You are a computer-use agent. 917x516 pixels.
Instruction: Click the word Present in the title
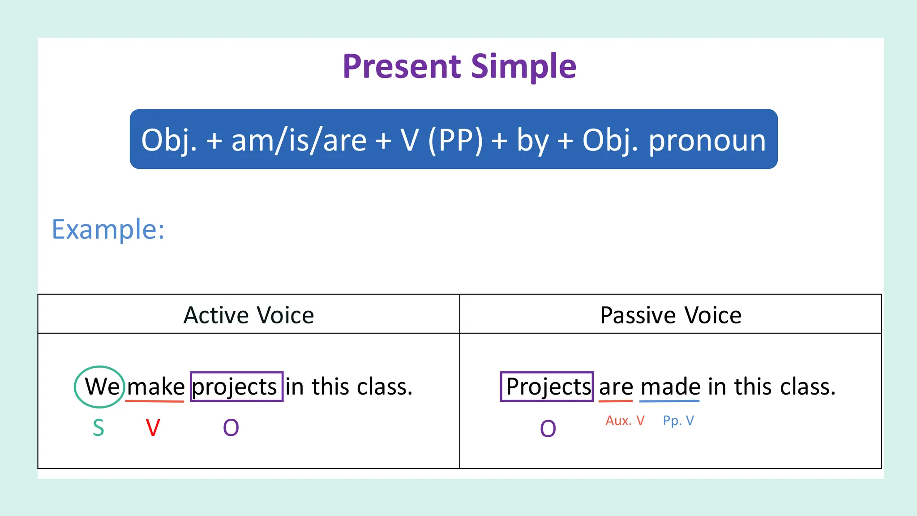coord(401,67)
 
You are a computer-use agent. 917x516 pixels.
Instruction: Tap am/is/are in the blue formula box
coord(299,140)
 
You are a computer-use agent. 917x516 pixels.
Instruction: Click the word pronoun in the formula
coord(707,140)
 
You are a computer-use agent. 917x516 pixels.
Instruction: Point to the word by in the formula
coord(532,140)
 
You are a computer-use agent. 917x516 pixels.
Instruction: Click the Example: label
coord(108,229)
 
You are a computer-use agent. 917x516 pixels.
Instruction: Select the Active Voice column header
coord(249,315)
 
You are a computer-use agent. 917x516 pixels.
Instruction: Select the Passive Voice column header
coord(670,315)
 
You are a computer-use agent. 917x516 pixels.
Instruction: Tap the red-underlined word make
coord(155,387)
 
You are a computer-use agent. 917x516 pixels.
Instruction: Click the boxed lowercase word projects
coord(236,387)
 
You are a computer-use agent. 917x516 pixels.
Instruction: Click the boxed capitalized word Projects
coord(547,386)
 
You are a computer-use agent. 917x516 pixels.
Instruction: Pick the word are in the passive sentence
coord(616,387)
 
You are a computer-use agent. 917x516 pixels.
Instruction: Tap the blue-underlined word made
coord(670,387)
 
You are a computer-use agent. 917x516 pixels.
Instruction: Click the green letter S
coord(99,428)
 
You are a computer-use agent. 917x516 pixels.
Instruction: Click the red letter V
coord(153,428)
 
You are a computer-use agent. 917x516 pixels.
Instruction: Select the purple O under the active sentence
coord(231,428)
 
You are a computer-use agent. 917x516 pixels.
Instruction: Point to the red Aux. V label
coord(625,421)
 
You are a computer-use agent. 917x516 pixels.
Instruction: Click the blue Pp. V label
coord(678,421)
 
